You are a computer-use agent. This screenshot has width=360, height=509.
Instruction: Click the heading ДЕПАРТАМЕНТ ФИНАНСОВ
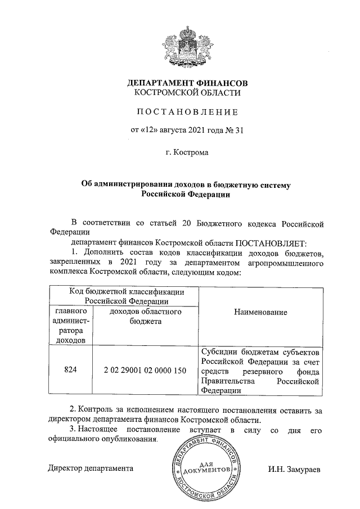(x=187, y=83)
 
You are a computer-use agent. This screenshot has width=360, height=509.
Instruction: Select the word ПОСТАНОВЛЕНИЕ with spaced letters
(x=187, y=111)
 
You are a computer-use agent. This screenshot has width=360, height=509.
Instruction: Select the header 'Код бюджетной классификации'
(x=126, y=291)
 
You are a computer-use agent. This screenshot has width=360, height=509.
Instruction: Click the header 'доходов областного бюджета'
(x=145, y=316)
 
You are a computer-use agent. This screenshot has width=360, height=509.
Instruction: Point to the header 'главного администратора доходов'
(x=70, y=325)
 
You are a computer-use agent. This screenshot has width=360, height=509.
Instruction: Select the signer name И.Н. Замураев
(x=295, y=468)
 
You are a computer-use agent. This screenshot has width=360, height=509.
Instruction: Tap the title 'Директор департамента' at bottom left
(x=91, y=468)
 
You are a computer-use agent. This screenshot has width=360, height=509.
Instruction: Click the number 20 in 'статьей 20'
(x=187, y=223)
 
